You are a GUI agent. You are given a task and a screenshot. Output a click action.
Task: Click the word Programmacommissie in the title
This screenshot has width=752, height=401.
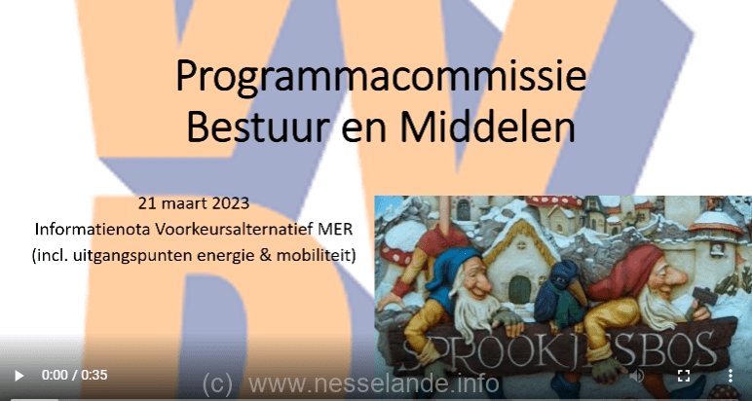381,77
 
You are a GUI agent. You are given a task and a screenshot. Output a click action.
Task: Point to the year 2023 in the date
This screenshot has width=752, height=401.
231,203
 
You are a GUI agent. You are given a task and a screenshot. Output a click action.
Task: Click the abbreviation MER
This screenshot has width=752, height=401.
335,229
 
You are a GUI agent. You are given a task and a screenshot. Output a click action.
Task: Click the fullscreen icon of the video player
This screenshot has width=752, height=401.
684,375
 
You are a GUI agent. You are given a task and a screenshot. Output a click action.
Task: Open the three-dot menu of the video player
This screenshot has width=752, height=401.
730,375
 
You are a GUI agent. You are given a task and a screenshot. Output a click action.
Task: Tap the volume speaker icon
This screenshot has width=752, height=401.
636,376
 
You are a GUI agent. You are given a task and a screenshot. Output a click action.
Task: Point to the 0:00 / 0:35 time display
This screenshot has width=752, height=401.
74,375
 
